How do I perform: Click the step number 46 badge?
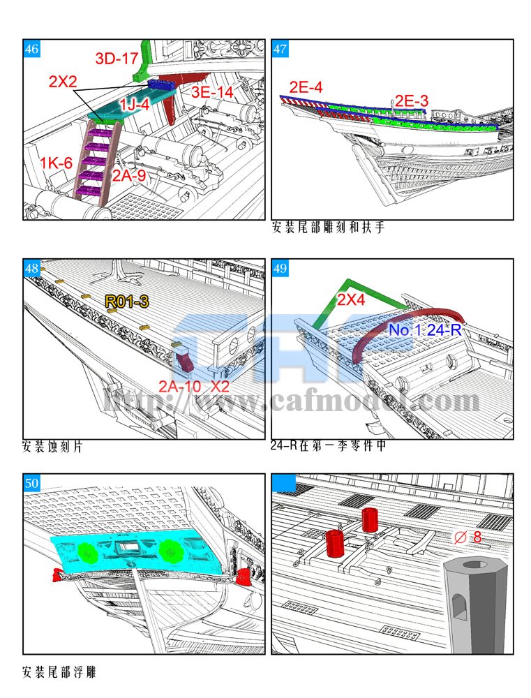[31, 49]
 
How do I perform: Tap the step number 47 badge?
[280, 49]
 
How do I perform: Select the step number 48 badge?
[31, 268]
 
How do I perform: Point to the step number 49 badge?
[280, 268]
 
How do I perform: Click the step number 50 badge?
[31, 483]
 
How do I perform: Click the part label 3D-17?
[117, 59]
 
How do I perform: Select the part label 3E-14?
[212, 92]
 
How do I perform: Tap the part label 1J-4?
[135, 104]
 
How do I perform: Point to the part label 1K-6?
[56, 163]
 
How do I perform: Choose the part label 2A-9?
[128, 175]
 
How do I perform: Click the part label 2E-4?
[306, 87]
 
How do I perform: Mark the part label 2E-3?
[412, 101]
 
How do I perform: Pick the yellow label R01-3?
[127, 302]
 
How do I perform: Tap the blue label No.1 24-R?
[425, 330]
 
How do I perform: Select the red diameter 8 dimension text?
[468, 537]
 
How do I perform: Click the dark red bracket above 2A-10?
[185, 361]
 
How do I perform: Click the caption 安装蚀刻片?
[52, 447]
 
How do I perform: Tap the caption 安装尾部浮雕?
[59, 672]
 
